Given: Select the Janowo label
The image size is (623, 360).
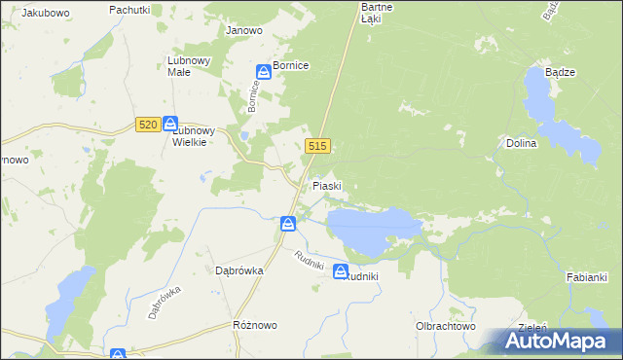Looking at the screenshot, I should [x=244, y=30].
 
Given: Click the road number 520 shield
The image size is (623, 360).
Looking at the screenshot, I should [x=148, y=125].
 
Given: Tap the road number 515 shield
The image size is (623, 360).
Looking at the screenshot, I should [x=318, y=146].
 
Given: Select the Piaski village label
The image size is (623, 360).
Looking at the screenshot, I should [x=326, y=185].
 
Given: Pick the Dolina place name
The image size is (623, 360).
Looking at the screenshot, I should [x=522, y=143].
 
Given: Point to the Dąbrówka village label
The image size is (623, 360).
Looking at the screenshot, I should [x=234, y=271].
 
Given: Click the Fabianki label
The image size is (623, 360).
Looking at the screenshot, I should [x=587, y=277].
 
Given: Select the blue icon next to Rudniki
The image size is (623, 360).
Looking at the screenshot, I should [x=341, y=271].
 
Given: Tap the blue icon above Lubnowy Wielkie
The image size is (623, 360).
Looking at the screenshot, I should [x=169, y=124].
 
